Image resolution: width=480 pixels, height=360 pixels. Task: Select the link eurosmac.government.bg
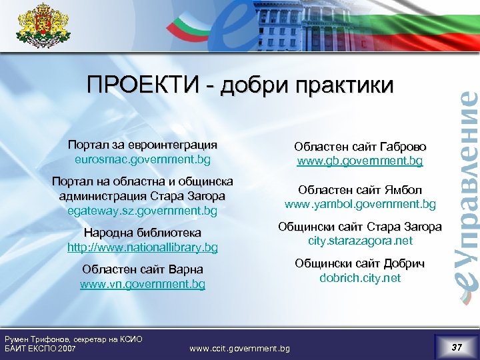(x=143, y=161)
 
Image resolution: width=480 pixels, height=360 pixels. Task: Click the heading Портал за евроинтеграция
(x=143, y=145)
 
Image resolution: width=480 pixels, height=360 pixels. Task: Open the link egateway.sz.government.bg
(x=143, y=211)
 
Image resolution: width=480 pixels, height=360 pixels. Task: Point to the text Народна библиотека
(x=143, y=233)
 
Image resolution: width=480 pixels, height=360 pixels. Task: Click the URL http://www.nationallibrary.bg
(x=143, y=247)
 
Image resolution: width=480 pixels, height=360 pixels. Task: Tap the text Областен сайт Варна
(x=143, y=269)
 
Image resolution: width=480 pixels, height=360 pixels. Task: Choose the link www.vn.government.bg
(x=143, y=284)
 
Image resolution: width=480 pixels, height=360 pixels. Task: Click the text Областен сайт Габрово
(x=360, y=147)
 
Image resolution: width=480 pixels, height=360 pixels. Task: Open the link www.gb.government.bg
(x=360, y=161)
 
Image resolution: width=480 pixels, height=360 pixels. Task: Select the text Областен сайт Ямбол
(x=360, y=189)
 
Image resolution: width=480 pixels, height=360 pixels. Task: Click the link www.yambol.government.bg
(x=360, y=204)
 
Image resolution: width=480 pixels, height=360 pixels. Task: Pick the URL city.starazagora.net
(x=360, y=241)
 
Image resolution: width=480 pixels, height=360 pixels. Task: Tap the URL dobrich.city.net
(x=360, y=278)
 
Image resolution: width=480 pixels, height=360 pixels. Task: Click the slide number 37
(x=457, y=347)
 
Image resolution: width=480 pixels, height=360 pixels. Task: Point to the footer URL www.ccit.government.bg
(x=240, y=348)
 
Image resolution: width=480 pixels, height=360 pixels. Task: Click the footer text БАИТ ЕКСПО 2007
(x=41, y=348)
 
